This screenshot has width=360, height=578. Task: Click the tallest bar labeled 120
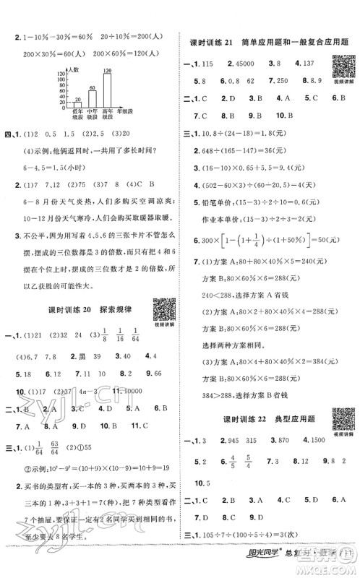tap(108, 92)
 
